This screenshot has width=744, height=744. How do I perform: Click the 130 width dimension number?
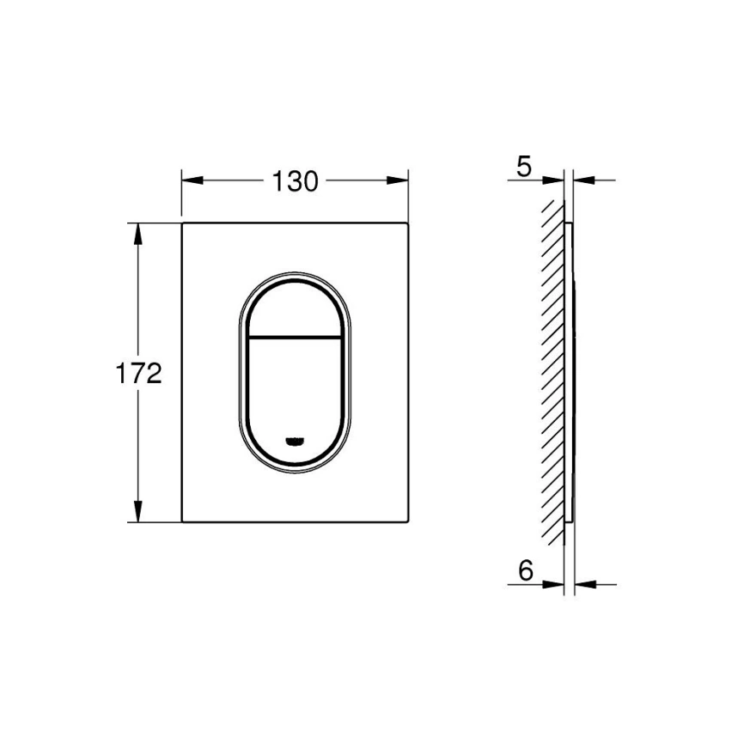click(x=295, y=181)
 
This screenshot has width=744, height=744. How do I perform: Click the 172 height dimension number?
click(x=139, y=374)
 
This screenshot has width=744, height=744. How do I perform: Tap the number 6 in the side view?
click(x=526, y=570)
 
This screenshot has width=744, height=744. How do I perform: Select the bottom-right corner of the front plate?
click(x=407, y=521)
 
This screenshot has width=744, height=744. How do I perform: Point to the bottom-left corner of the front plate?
click(x=183, y=521)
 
